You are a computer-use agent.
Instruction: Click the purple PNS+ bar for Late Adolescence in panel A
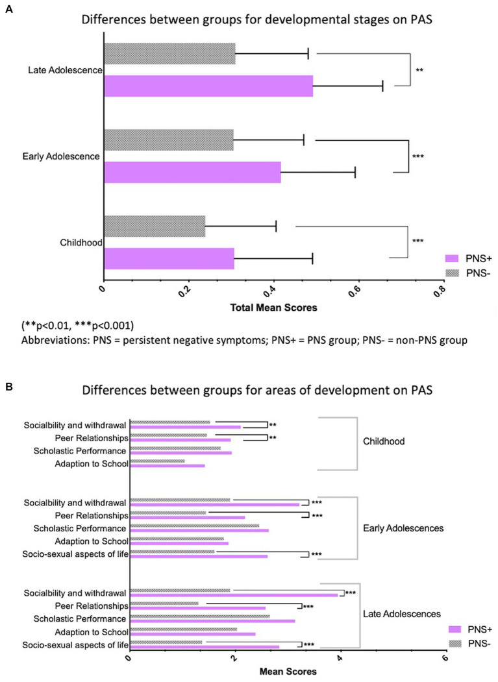(208, 86)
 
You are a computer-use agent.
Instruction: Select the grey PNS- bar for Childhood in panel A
(155, 226)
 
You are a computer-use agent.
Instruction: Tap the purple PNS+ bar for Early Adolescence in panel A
(192, 173)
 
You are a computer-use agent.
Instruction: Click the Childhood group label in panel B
(384, 441)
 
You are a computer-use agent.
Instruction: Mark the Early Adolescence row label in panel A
(60, 156)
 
